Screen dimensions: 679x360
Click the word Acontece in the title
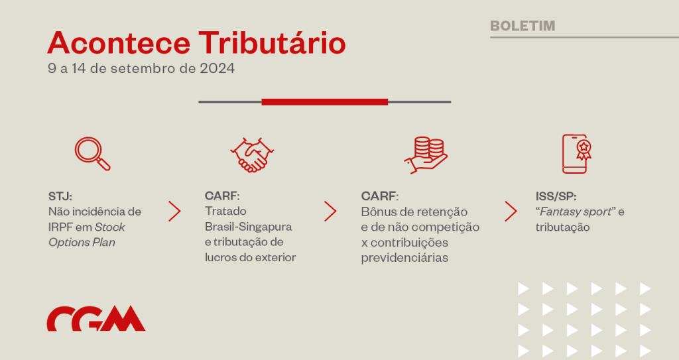(x=119, y=43)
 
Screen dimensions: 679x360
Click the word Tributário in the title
(x=272, y=43)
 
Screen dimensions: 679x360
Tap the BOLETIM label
(x=523, y=26)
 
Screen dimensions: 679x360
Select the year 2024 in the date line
(x=217, y=68)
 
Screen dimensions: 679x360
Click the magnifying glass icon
(x=92, y=154)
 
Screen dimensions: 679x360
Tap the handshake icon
(x=252, y=155)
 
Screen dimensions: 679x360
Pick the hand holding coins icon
(x=426, y=155)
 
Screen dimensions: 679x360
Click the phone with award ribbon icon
(x=576, y=154)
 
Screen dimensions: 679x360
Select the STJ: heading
(x=60, y=196)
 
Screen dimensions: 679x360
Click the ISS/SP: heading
(x=556, y=196)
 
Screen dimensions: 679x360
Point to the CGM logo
(x=96, y=318)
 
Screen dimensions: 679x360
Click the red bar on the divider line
(x=325, y=102)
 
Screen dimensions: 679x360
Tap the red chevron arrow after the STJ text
(x=174, y=211)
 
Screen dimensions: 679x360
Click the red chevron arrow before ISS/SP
(x=511, y=211)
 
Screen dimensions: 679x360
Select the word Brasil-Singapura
(x=249, y=227)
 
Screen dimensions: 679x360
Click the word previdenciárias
(x=404, y=258)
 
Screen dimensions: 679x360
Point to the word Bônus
(x=377, y=212)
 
